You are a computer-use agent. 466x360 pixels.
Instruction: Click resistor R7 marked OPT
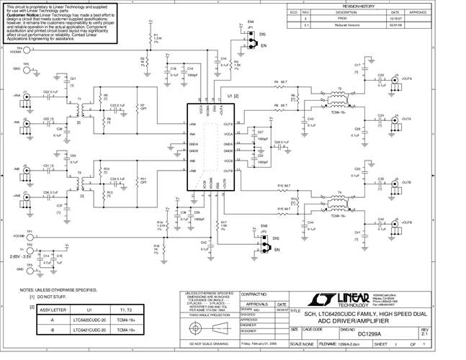(x=141, y=112)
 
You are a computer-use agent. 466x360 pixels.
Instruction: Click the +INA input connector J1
(x=27, y=95)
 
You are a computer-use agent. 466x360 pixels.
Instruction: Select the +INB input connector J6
(x=27, y=168)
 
